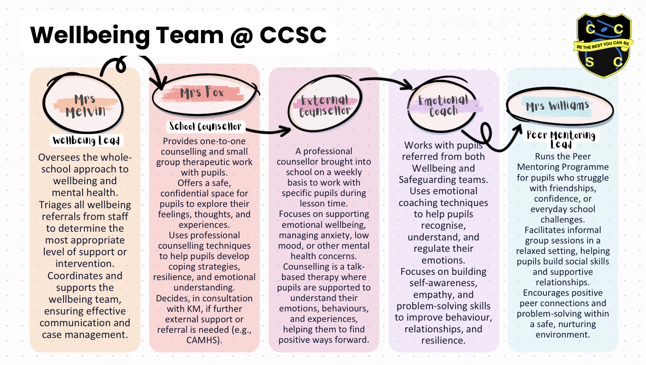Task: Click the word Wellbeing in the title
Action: pos(90,36)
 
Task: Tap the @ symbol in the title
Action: pos(240,36)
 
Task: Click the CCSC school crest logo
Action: pos(603,45)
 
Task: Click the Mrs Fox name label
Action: pos(203,93)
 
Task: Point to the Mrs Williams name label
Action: pos(557,106)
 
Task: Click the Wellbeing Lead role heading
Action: pos(86,140)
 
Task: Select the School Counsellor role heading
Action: pos(205,127)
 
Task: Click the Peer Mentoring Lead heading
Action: pos(561,139)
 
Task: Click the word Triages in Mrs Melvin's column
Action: pos(55,205)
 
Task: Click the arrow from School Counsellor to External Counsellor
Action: pos(270,130)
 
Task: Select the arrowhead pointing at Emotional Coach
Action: pos(409,85)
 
